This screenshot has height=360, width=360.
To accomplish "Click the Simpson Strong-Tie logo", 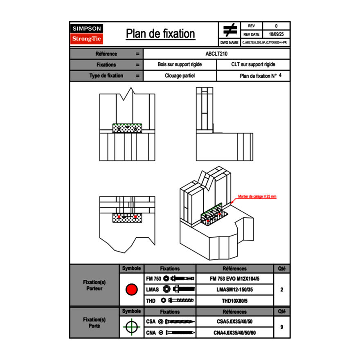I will (x=87, y=34).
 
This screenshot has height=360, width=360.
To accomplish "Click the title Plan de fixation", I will (x=160, y=34).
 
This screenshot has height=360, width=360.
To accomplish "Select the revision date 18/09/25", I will (x=276, y=34).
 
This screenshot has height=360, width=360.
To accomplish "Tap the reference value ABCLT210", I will (x=216, y=54).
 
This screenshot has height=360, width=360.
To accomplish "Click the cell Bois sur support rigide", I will (x=180, y=65).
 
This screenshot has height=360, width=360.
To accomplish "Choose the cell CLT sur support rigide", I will (x=253, y=65).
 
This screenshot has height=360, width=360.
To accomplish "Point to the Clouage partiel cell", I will (x=180, y=76).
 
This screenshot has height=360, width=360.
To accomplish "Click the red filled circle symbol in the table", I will (x=131, y=290).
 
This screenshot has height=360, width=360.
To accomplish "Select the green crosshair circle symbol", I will (x=131, y=327).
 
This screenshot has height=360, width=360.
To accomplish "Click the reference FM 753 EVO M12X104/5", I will (x=234, y=279).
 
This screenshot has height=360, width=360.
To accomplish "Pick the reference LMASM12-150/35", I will (x=234, y=290).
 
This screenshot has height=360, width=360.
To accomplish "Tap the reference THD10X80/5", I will (x=234, y=301).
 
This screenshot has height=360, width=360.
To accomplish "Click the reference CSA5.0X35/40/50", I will (x=234, y=322).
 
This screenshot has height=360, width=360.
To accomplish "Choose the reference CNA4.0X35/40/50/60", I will (x=234, y=333).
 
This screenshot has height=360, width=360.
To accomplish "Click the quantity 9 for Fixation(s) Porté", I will (x=281, y=327).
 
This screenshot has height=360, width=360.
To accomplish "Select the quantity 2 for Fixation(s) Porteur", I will (x=281, y=290).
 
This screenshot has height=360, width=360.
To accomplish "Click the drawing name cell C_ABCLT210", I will (x=265, y=43).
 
